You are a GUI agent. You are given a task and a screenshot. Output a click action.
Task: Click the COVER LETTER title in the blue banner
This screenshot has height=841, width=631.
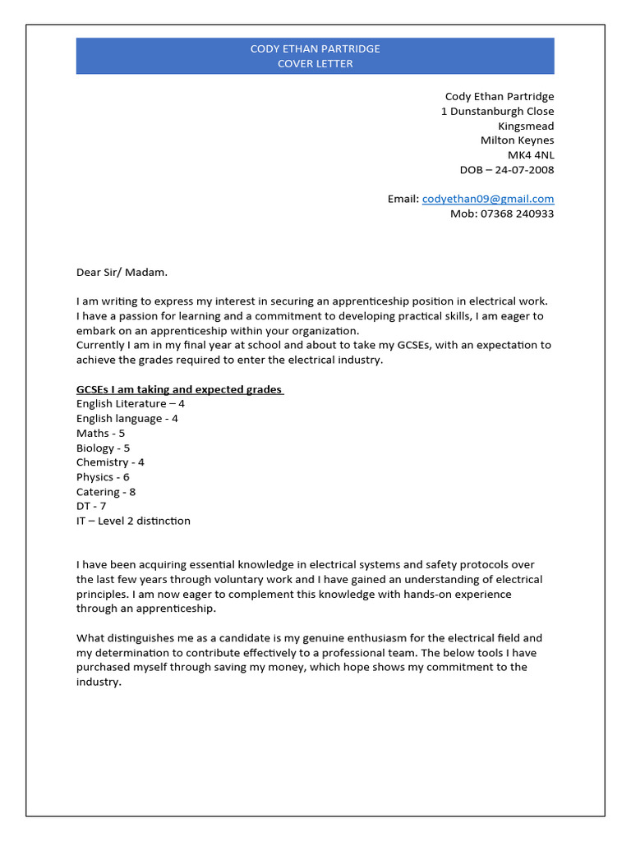(x=315, y=64)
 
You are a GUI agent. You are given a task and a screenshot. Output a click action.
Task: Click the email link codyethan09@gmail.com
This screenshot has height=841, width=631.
(x=488, y=199)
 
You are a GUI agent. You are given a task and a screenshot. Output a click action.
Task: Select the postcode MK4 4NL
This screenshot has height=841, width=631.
(x=531, y=155)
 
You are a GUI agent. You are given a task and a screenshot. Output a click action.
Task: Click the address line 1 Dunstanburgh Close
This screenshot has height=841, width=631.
(x=497, y=111)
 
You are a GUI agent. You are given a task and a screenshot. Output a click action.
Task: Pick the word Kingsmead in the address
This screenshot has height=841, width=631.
(x=526, y=126)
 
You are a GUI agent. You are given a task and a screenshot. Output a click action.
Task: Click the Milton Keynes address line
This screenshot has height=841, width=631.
(x=517, y=140)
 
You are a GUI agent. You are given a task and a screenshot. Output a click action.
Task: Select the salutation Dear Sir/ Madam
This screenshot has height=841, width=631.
(x=122, y=272)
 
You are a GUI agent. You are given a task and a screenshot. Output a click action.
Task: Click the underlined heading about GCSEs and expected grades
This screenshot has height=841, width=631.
(x=179, y=389)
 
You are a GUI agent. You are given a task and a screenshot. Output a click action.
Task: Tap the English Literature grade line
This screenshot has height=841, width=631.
(x=131, y=404)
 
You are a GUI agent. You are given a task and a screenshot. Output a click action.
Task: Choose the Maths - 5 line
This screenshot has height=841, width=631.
(x=100, y=433)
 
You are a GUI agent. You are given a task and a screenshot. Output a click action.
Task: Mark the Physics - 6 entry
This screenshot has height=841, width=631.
(x=103, y=477)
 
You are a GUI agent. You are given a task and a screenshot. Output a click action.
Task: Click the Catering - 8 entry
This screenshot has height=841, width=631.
(x=106, y=492)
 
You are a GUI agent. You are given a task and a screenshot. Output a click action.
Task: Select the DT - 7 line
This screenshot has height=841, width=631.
(x=91, y=506)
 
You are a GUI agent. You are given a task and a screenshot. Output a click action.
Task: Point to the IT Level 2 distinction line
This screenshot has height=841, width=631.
(x=133, y=521)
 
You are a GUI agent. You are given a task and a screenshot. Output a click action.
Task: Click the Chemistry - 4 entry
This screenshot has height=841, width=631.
(x=110, y=462)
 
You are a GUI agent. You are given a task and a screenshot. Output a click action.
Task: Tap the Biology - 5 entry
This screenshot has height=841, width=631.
(x=103, y=448)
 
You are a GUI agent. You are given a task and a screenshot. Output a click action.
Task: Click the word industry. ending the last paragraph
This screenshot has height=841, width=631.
(x=99, y=682)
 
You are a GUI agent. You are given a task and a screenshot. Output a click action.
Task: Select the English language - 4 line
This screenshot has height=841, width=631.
(x=127, y=419)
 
